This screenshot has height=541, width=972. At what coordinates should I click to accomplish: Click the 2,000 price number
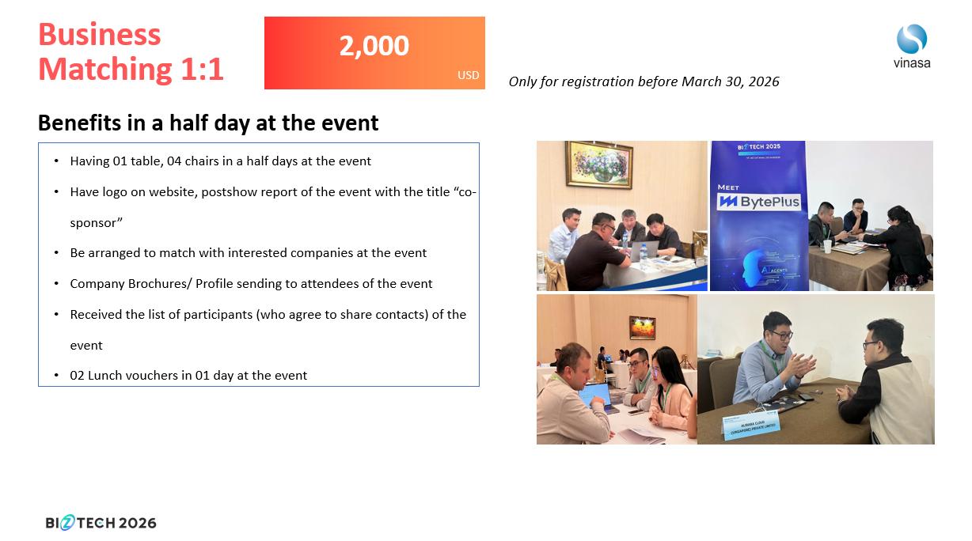click(374, 46)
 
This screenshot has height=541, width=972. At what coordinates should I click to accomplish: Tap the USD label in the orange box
click(469, 75)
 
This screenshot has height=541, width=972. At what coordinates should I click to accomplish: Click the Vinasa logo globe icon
click(912, 39)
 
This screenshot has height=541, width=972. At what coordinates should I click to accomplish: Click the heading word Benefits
click(79, 123)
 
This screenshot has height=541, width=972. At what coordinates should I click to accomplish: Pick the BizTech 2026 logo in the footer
click(101, 523)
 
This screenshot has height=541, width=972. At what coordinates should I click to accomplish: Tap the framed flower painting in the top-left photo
click(599, 165)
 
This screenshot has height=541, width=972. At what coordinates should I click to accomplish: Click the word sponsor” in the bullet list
click(97, 223)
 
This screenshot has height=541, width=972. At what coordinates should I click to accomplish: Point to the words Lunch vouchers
click(133, 376)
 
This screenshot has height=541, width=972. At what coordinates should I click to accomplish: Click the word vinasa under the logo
click(912, 63)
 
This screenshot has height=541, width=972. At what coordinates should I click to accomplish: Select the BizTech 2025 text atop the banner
click(758, 146)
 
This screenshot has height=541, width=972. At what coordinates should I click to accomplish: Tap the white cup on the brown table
click(827, 246)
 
